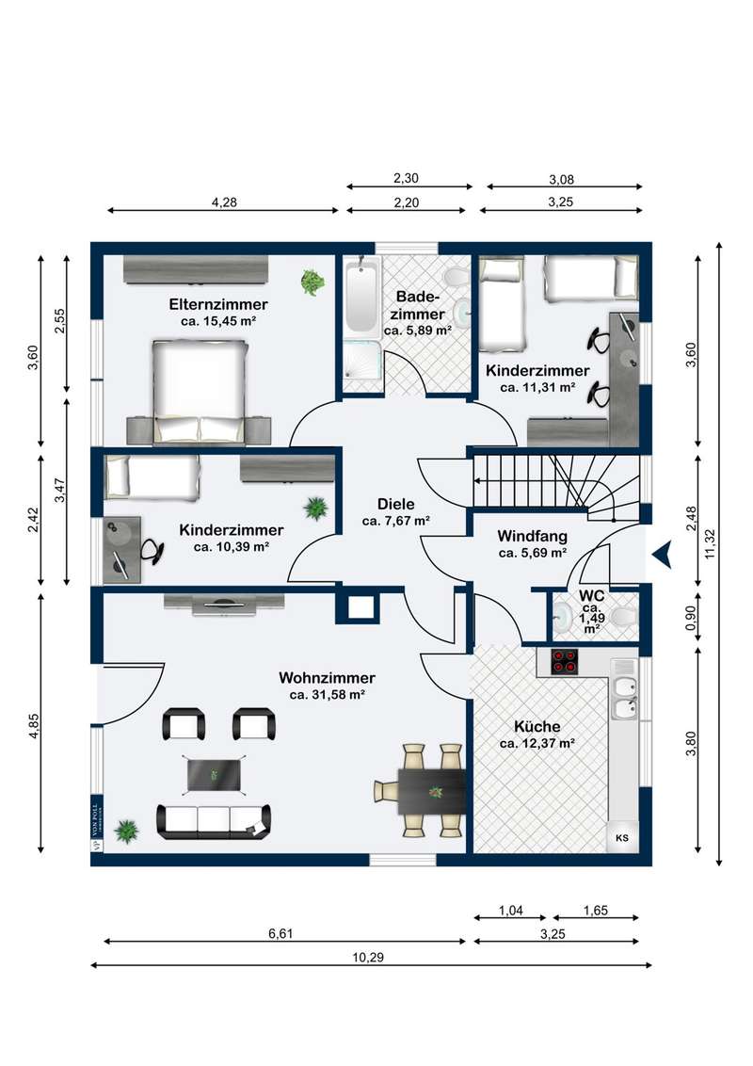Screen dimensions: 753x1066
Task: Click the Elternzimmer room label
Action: [x=218, y=304]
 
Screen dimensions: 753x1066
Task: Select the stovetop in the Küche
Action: [x=564, y=661]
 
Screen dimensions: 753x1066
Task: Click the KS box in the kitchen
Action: [x=622, y=838]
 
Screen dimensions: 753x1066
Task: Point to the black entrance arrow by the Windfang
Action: [x=662, y=554]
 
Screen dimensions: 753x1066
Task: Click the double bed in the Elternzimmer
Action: [x=200, y=391]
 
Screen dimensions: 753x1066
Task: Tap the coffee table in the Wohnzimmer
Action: [x=214, y=774]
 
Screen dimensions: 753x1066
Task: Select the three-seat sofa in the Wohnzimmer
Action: [x=214, y=821]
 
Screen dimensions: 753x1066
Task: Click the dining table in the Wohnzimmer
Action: [x=431, y=791]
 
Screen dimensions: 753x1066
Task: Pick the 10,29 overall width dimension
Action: [x=368, y=957]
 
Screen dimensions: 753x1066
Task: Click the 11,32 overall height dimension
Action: [x=711, y=544]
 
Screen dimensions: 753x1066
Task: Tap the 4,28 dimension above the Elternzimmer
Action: [x=224, y=202]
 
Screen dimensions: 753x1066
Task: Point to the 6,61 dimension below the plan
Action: [x=280, y=933]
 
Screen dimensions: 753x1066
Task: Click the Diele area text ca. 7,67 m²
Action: [x=395, y=522]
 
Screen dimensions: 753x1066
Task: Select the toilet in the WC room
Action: [x=625, y=617]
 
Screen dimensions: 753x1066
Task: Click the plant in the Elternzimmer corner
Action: [x=312, y=283]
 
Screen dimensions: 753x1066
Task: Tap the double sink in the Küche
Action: [x=625, y=698]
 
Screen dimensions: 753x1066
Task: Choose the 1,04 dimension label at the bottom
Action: [x=510, y=911]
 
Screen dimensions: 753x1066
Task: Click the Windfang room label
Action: [x=532, y=536]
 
